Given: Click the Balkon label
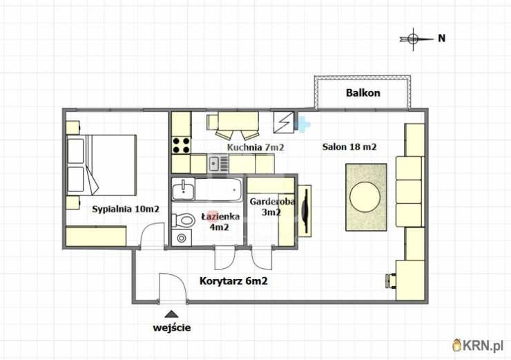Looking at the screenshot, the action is tap(363, 93).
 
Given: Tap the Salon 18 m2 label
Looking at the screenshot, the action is tap(349, 146).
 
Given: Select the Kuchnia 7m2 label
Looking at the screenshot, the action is tap(256, 147).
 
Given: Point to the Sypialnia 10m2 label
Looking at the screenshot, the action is tap(126, 209).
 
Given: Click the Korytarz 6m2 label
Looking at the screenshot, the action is tap(233, 281).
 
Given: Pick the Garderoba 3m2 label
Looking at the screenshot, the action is tap(272, 207).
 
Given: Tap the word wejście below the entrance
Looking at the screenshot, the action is tap(172, 328).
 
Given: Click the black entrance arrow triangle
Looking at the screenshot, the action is tap(171, 314).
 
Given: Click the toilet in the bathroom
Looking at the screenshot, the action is tap(183, 220).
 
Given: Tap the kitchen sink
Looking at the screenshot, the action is tap(214, 164).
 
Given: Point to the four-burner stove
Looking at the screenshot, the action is tap(181, 145).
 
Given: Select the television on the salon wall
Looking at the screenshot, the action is tap(305, 210).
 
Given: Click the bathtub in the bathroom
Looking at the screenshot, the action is tap(218, 189).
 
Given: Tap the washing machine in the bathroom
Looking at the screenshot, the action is tap(182, 238).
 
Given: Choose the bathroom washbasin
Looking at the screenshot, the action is tap(183, 190).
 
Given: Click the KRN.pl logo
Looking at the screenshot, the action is tap(479, 345).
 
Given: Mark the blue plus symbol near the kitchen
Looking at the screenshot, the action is tap(302, 124).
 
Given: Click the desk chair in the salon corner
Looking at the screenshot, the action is tap(391, 281).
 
